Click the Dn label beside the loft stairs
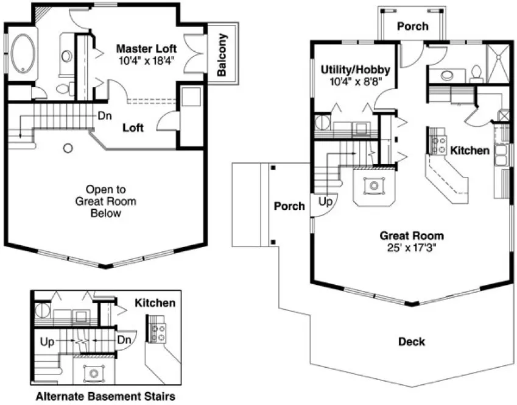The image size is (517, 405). (x=104, y=115)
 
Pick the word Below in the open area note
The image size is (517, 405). (x=106, y=213)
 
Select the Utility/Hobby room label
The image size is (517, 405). (x=356, y=70)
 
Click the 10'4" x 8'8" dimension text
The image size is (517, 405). (x=356, y=81)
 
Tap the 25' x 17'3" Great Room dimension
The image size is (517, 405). (x=412, y=247)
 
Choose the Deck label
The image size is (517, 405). (x=412, y=341)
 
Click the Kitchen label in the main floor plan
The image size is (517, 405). (x=470, y=150)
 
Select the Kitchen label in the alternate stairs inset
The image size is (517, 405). (x=155, y=303)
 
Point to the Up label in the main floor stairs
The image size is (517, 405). (x=325, y=201)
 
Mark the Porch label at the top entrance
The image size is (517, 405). (x=413, y=26)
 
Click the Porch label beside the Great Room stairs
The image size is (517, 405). (x=289, y=206)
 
